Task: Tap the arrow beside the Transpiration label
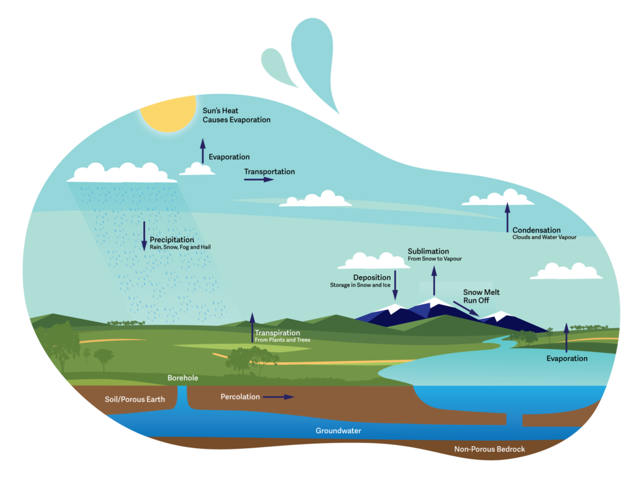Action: click(252, 328)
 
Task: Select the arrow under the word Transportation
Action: click(259, 179)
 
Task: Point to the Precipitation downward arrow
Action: click(144, 236)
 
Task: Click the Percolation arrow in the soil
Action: click(278, 397)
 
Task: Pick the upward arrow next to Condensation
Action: click(507, 218)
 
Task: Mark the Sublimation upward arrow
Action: click(434, 281)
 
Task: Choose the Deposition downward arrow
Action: click(396, 285)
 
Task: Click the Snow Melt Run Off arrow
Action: click(466, 309)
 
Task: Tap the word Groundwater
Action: click(338, 431)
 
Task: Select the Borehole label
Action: click(183, 378)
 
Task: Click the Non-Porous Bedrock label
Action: click(489, 449)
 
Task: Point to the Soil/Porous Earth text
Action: click(134, 399)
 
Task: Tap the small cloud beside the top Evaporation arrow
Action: click(197, 169)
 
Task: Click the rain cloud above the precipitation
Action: click(122, 173)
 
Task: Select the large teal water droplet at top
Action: click(314, 57)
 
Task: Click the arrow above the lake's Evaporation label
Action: click(566, 338)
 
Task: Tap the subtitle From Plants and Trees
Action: click(283, 340)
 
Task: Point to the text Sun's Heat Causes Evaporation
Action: click(237, 115)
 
